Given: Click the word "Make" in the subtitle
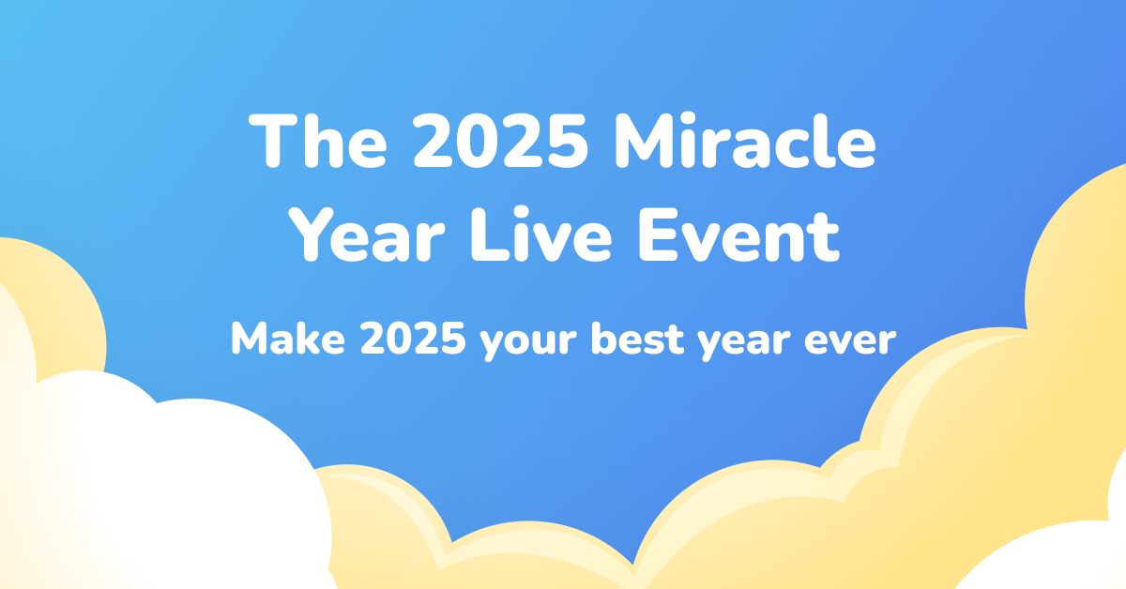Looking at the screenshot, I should [x=283, y=338].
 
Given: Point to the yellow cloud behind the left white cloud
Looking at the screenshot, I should [x=56, y=300].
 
